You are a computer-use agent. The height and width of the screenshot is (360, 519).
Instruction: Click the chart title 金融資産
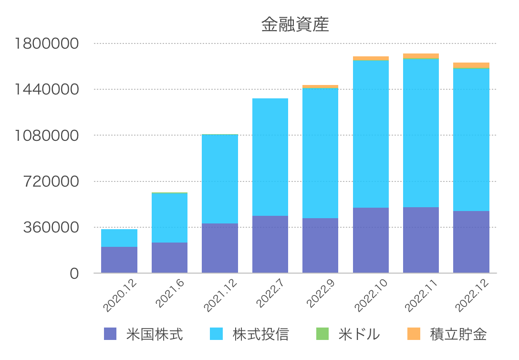click(295, 24)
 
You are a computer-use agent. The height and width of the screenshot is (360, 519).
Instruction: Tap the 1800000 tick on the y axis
click(47, 43)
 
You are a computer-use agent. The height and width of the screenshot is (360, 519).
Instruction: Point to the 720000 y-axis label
click(51, 181)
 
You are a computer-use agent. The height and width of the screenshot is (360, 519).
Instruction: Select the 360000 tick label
click(51, 228)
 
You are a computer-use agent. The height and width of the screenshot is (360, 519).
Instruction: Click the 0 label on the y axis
click(74, 274)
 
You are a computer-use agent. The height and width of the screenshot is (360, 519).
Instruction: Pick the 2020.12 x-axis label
click(120, 296)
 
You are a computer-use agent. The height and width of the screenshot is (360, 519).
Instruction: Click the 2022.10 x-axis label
click(371, 296)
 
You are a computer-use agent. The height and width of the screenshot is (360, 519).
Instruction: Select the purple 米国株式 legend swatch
click(110, 334)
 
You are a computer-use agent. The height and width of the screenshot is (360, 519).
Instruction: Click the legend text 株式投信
click(261, 334)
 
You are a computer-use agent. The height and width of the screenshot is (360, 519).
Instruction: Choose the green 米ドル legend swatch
click(322, 334)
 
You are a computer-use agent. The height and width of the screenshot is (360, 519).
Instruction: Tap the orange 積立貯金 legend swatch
click(414, 334)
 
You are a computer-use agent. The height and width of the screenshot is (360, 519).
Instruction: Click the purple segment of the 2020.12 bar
click(119, 260)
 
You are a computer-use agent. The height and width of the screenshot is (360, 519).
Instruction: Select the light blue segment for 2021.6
click(169, 218)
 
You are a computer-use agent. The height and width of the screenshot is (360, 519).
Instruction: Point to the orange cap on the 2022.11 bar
click(421, 56)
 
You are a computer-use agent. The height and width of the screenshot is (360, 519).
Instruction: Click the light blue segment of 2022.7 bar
click(270, 157)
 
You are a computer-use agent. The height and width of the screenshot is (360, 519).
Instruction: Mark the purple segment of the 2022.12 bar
click(471, 242)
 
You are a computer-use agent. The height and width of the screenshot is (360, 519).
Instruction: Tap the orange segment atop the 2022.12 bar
click(471, 65)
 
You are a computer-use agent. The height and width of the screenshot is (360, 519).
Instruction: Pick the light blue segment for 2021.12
click(220, 179)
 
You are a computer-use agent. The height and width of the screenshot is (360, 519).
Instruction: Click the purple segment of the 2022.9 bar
click(321, 246)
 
